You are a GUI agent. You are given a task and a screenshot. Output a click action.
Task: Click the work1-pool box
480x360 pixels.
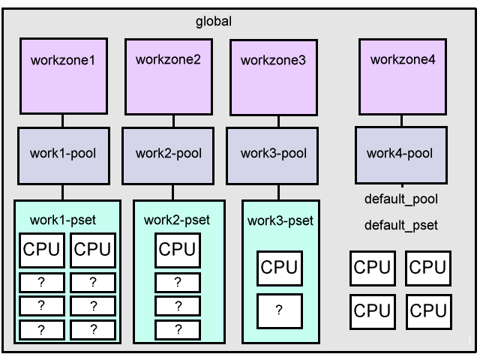pos(62,154)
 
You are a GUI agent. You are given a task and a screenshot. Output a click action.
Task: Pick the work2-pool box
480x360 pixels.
pos(168,154)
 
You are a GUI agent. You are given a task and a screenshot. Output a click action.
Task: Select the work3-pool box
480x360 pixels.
pos(272,154)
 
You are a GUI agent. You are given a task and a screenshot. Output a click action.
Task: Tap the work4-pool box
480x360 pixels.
pos(400,154)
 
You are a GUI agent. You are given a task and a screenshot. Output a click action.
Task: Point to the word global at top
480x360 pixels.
pos(214,21)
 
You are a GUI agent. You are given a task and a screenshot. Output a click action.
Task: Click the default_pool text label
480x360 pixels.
pos(400,199)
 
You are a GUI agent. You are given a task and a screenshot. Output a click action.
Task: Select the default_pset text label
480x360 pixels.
pos(400,224)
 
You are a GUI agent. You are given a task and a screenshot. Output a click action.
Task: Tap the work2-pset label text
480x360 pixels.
pos(177,220)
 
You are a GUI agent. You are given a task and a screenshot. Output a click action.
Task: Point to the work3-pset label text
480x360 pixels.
pos(279,220)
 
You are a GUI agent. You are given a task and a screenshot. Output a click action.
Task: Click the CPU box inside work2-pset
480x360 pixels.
pos(177,249)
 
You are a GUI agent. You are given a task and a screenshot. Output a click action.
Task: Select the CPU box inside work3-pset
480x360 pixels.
pos(279,266)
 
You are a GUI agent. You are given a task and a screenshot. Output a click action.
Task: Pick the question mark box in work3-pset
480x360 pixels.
pos(279,310)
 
